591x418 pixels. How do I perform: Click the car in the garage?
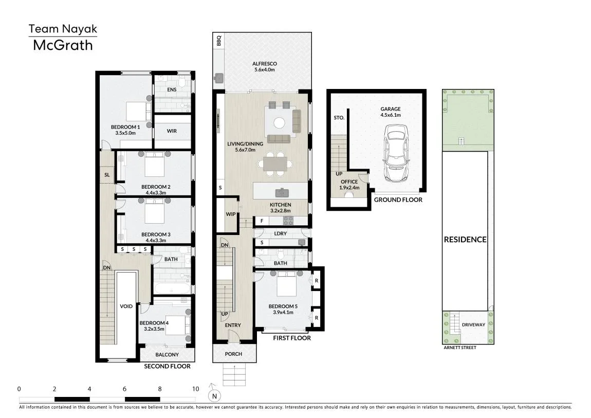[x=396, y=153]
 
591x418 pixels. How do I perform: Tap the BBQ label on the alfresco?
[x=219, y=41]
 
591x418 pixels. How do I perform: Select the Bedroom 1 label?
[x=125, y=127]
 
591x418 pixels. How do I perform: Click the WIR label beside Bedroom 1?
[x=172, y=131]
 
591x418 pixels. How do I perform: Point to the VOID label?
[x=126, y=306]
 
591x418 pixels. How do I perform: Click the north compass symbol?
[x=214, y=394]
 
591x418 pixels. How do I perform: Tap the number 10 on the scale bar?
[x=195, y=389]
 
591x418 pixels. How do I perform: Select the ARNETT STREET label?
[x=460, y=348]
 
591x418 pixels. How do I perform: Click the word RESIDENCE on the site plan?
[x=465, y=240]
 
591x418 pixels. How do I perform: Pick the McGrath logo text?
[x=63, y=45]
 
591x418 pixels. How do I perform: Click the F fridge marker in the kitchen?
[x=262, y=221]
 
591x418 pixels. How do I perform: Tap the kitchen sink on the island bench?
[x=282, y=193]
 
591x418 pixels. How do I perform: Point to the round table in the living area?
[x=279, y=123]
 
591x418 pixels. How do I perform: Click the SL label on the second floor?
[x=107, y=175]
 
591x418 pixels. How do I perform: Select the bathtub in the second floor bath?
[x=173, y=288]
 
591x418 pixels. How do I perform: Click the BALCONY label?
[x=167, y=355]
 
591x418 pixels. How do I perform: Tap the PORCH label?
[x=233, y=354]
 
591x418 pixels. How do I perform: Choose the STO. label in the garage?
[x=339, y=118]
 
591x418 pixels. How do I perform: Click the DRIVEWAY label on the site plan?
[x=473, y=324]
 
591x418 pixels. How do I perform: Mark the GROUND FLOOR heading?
[x=398, y=200]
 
